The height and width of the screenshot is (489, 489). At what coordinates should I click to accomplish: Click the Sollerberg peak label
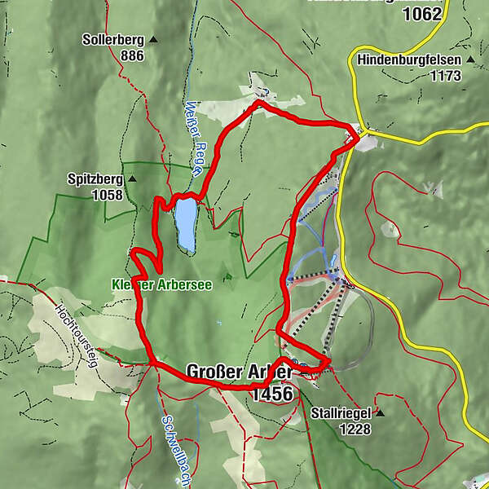click(x=112, y=39)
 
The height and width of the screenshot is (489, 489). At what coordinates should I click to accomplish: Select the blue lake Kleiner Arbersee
click(x=185, y=226)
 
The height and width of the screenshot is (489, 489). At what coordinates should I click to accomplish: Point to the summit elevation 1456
click(x=272, y=394)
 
